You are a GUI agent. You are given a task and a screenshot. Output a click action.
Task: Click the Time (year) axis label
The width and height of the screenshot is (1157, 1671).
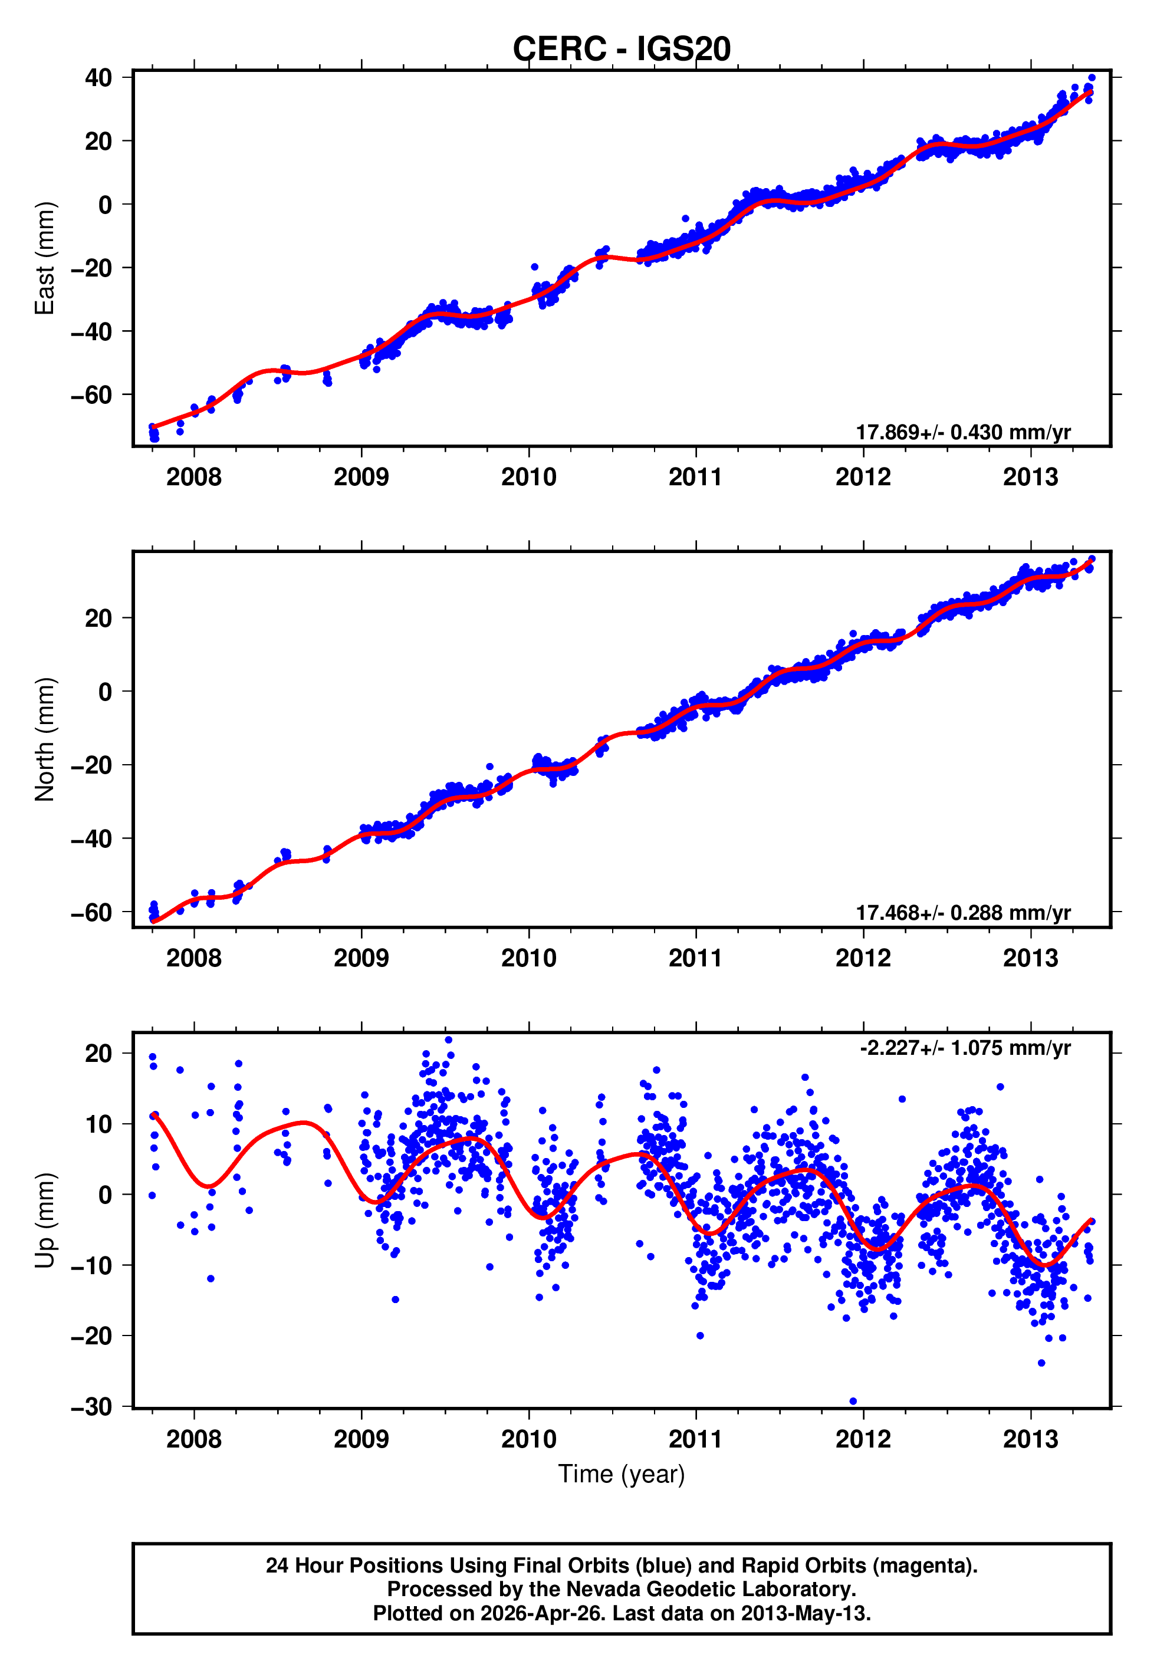tap(622, 1474)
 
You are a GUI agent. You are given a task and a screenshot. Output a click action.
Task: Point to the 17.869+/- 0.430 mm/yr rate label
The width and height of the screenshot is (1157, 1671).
tap(963, 433)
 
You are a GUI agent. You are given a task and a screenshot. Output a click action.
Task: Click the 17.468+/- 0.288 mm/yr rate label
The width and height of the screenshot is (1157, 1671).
tap(963, 913)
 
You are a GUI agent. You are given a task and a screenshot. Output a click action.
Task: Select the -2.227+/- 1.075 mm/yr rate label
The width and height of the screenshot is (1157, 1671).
tap(965, 1048)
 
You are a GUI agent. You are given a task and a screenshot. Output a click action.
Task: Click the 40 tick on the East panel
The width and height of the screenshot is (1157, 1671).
tap(98, 77)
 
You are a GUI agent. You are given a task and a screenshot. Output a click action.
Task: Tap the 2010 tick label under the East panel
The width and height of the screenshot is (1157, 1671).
tap(528, 478)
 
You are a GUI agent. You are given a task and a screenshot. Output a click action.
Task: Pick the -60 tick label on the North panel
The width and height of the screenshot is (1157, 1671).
tap(91, 913)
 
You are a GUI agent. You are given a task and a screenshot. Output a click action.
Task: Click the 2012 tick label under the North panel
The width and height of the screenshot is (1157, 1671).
tap(863, 959)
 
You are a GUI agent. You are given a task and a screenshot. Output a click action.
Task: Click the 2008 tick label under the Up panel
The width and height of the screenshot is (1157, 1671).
tap(193, 1439)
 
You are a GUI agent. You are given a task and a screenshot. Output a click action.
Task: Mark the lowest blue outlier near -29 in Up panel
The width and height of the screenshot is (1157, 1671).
tap(853, 1402)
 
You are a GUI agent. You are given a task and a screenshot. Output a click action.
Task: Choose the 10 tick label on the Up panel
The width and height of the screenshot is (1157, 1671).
tap(98, 1124)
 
